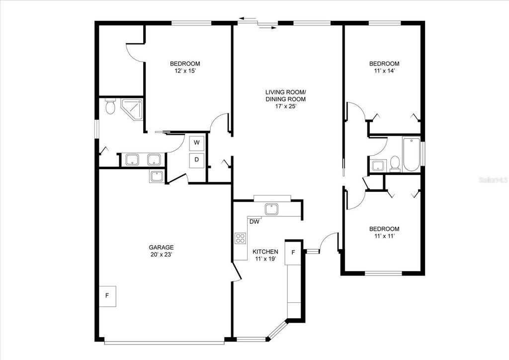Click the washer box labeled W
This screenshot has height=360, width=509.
click(197, 143)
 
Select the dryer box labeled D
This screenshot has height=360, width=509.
click(197, 160)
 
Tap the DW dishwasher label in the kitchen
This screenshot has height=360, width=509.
click(254, 222)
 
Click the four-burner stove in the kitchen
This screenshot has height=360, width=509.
click(241, 238)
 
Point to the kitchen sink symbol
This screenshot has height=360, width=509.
click(271, 209)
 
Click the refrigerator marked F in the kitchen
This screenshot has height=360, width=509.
click(293, 253)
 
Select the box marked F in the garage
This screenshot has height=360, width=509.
click(107, 296)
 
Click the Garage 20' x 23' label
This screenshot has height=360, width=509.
click(162, 251)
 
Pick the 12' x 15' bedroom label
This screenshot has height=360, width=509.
click(185, 67)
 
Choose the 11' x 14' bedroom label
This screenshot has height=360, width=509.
click(384, 67)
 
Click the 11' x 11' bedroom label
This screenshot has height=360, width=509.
click(384, 233)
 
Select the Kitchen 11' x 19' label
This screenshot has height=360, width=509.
click(265, 255)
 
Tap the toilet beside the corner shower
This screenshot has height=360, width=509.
click(110, 106)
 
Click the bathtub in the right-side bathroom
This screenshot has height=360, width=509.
click(411, 154)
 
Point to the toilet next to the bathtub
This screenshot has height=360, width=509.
click(395, 163)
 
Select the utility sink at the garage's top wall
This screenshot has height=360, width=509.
click(156, 176)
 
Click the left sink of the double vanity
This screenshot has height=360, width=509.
click(132, 160)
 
